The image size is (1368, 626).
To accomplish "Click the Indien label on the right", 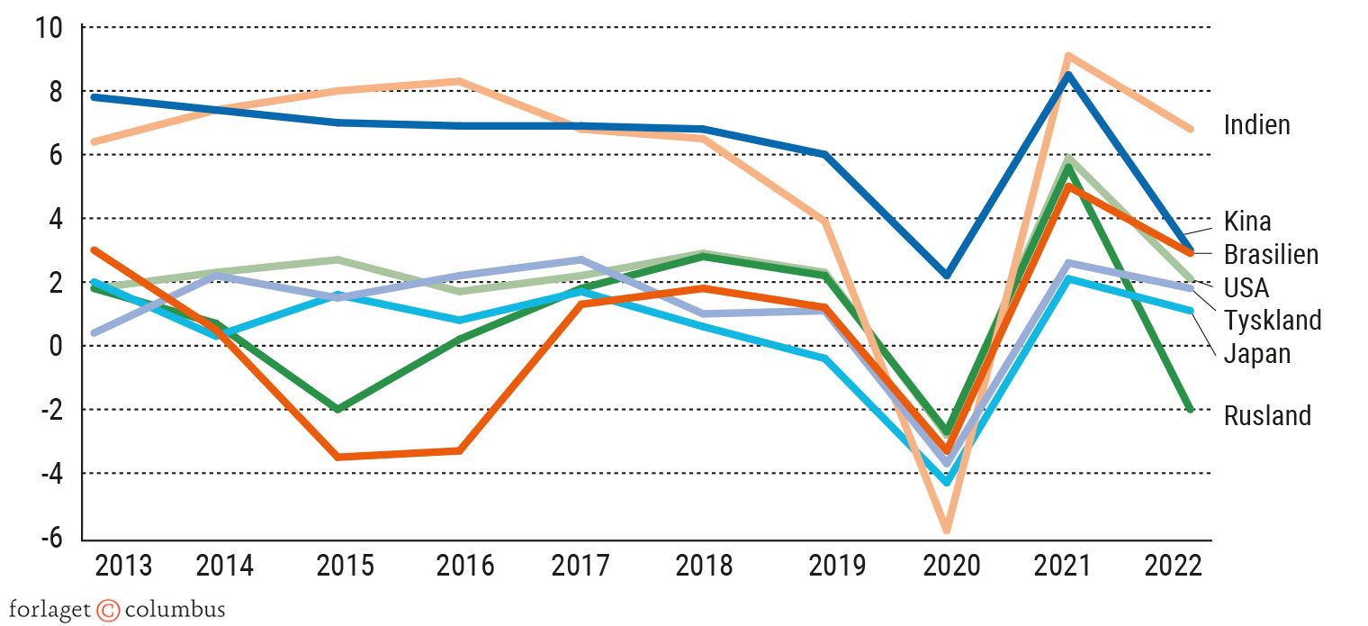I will coord(1256,125).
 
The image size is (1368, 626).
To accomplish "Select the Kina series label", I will coord(1247,221).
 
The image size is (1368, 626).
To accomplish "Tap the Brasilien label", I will coord(1271,254).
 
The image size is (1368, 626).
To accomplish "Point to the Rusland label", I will coord(1267,415).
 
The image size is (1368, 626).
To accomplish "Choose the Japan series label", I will coord(1256,353).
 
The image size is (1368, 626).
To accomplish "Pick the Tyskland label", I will coord(1273,320).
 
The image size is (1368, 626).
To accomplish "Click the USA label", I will coord(1246,287).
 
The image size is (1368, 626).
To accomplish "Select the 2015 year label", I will coord(345,566).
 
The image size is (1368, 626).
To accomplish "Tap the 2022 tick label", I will coord(1173,566).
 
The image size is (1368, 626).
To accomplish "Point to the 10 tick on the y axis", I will coord(49,28).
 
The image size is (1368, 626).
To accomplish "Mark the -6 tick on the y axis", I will coord(51,537).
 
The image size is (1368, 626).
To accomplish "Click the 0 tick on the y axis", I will coord(57,346).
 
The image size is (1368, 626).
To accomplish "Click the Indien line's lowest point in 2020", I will coord(947,530).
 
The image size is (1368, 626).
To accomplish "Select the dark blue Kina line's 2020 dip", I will coord(947,276).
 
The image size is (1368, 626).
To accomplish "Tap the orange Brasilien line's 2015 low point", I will coord(337,457).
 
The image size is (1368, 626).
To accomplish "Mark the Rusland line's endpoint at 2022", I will coord(1190,409).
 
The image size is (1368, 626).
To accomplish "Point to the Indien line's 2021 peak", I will coord(1067,57).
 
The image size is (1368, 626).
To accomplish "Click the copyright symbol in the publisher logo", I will coord(108,610).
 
